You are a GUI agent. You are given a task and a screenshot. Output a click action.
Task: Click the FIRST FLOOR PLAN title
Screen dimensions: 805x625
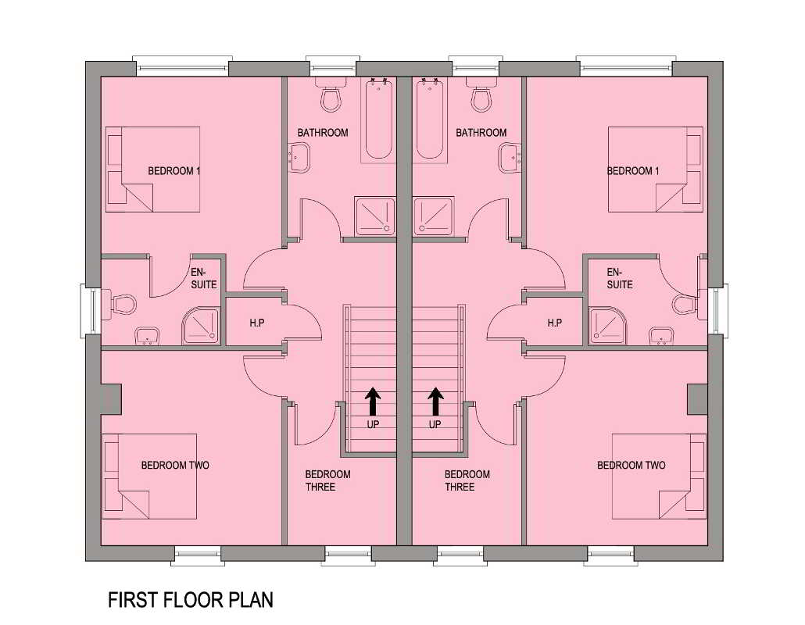(x=191, y=599)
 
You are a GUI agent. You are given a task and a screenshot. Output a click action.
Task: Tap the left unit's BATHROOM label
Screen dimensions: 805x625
(x=323, y=132)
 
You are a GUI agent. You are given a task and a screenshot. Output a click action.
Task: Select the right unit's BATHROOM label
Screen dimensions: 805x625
(x=481, y=132)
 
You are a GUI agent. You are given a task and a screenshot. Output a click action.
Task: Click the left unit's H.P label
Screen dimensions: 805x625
(x=256, y=323)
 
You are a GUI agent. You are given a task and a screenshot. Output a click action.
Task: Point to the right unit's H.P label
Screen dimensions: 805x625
(x=554, y=323)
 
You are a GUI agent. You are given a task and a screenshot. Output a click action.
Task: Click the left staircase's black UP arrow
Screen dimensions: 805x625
(x=373, y=402)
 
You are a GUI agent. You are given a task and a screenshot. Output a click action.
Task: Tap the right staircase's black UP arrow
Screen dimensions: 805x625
(x=435, y=402)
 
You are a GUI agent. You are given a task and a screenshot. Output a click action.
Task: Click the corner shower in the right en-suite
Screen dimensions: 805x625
(x=608, y=325)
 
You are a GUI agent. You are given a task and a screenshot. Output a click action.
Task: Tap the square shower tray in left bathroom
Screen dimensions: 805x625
(x=375, y=216)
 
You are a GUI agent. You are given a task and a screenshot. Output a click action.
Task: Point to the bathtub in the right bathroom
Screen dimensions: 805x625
(x=430, y=120)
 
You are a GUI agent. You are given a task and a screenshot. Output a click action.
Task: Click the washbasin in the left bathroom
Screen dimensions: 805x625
(x=299, y=158)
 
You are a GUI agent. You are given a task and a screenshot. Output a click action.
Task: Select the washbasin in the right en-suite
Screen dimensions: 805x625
(x=661, y=336)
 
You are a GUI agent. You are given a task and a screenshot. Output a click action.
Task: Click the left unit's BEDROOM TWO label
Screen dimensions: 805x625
(x=175, y=466)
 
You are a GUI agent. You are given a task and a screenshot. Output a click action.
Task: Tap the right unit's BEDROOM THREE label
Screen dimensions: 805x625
(x=467, y=480)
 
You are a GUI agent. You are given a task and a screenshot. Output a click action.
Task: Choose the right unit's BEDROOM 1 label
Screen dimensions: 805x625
(x=633, y=171)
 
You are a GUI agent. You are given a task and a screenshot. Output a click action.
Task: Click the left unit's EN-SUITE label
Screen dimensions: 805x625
(x=203, y=278)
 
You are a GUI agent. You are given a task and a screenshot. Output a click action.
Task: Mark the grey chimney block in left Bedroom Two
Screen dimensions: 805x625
(x=111, y=398)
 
